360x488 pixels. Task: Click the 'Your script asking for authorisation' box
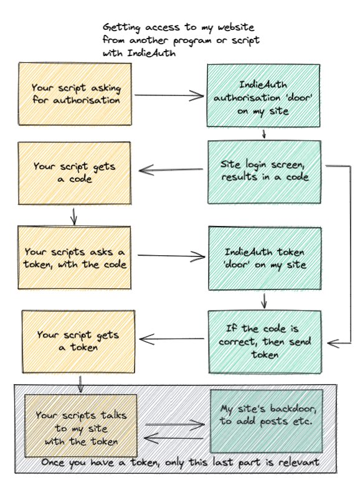click(75, 95)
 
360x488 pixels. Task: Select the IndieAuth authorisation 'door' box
click(263, 96)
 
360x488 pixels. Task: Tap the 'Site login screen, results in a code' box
click(264, 172)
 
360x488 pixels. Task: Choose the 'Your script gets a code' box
click(75, 173)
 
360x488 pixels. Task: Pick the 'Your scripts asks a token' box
click(74, 258)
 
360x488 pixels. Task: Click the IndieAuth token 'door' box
click(265, 258)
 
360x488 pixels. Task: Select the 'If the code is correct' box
click(265, 342)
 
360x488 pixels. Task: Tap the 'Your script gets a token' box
click(78, 341)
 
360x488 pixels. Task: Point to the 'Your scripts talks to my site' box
click(81, 426)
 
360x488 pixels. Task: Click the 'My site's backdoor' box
click(267, 421)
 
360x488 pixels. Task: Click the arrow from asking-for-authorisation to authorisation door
click(169, 95)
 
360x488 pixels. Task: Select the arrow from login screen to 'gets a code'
click(171, 170)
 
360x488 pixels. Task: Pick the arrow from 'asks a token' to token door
click(171, 256)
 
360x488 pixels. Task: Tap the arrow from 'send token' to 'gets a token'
click(172, 339)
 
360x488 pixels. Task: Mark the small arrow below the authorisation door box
click(264, 133)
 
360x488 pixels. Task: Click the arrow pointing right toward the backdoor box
click(175, 425)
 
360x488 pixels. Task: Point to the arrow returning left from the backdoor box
click(174, 438)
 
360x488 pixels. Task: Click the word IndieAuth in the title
click(151, 53)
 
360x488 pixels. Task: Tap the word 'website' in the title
click(235, 27)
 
